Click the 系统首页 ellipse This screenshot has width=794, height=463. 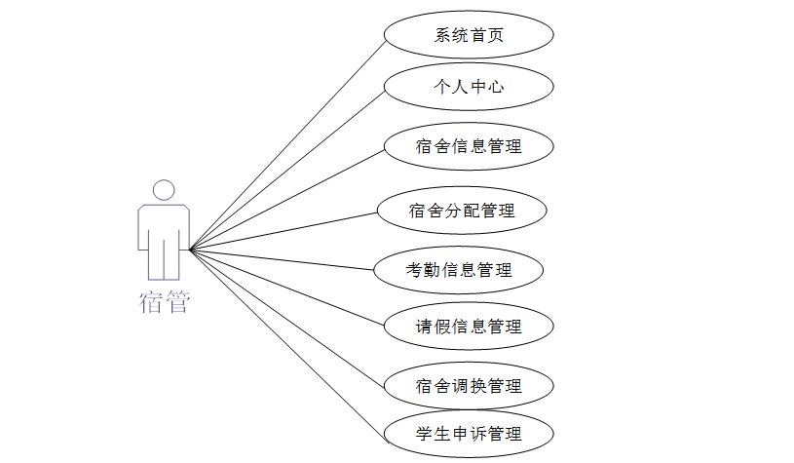469,35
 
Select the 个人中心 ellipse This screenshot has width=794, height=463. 469,87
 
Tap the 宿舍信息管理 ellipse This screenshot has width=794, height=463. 469,146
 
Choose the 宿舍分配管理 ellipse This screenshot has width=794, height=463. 462,210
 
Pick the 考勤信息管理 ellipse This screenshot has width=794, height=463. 459,270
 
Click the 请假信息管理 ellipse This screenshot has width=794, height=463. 469,327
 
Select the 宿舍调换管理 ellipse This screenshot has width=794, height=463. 469,386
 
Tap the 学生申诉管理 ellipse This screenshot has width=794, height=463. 469,434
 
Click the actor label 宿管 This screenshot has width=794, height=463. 164,302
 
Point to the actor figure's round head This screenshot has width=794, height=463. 164,190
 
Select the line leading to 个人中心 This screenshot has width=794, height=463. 287,168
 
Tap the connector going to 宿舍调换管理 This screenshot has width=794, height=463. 287,318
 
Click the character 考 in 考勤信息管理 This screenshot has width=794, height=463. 414,270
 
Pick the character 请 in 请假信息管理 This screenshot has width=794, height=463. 424,327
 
